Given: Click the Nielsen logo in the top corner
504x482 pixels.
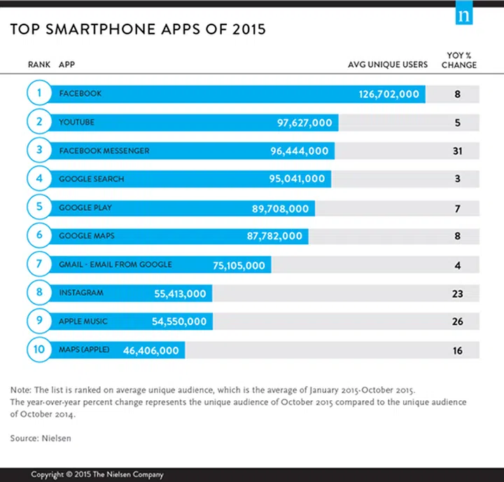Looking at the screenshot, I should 463,15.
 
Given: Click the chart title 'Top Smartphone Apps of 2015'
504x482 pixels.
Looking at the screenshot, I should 136,30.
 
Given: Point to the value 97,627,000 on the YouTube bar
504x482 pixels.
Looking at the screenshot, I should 304,122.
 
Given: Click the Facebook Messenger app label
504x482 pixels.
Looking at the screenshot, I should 104,151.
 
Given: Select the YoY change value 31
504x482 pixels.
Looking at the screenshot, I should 457,151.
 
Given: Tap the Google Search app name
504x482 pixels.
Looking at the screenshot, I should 92,179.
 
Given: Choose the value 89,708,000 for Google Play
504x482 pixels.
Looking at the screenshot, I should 280,208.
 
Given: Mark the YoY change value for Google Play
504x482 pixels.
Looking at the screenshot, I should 457,208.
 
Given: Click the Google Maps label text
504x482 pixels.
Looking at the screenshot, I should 87,236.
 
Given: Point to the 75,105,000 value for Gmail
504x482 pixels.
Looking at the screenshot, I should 239,265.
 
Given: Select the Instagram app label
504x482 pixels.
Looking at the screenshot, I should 81,293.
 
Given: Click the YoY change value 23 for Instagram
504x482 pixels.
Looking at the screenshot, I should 457,294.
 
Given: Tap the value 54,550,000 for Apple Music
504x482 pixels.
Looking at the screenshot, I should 179,322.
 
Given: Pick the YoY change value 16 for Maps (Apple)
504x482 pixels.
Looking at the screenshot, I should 457,350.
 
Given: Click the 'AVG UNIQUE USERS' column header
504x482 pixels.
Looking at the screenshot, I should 388,65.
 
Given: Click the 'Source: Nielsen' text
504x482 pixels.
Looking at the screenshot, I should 41,439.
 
